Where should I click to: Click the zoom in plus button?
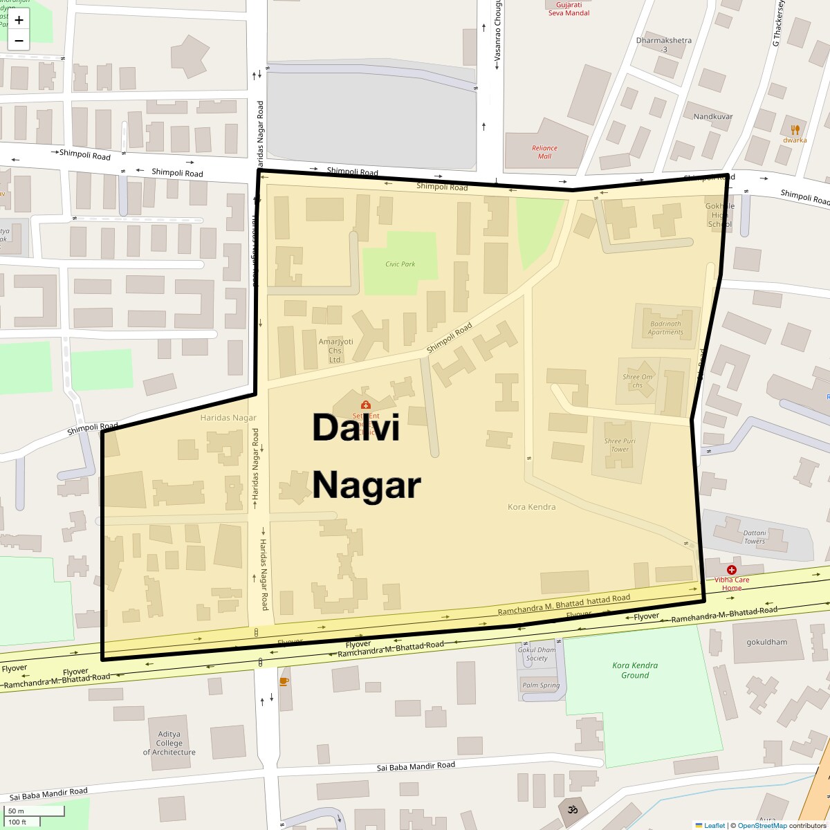(x=19, y=20)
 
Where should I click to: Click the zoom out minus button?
(x=19, y=41)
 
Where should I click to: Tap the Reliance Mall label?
(x=544, y=151)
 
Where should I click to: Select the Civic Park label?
(x=400, y=264)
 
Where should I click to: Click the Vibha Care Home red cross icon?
(x=731, y=569)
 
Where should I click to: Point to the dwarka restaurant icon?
(x=795, y=129)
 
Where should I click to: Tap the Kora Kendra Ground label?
(x=635, y=670)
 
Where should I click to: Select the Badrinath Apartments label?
(x=665, y=328)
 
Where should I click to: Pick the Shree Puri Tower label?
(x=620, y=445)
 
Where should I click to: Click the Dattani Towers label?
(x=754, y=537)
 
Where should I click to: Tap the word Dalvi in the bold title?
(x=356, y=427)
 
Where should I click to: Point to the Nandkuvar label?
(x=713, y=116)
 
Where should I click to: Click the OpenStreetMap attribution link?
(x=762, y=825)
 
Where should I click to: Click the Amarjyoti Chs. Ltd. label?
(x=335, y=351)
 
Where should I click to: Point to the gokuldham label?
(x=766, y=642)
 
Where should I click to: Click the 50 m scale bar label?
(x=16, y=811)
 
